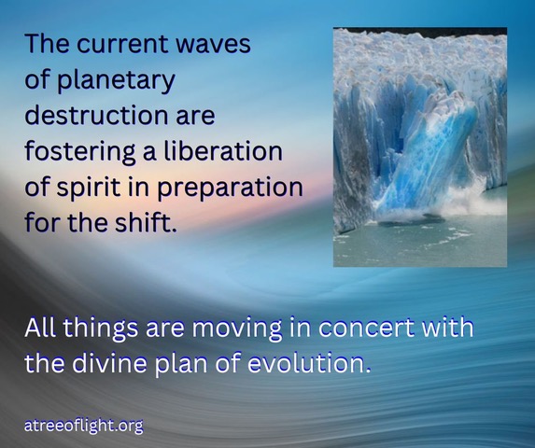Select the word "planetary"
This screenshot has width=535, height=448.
[x=116, y=81]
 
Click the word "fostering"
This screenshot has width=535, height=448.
[x=80, y=151]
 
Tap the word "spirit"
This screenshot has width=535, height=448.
[x=89, y=189]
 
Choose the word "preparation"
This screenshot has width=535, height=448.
[x=230, y=189]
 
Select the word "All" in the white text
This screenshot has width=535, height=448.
[x=40, y=327]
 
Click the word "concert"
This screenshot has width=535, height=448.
[x=366, y=328]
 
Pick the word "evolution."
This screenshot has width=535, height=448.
[x=308, y=363]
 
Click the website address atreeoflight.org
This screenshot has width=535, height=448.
[x=84, y=426]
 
